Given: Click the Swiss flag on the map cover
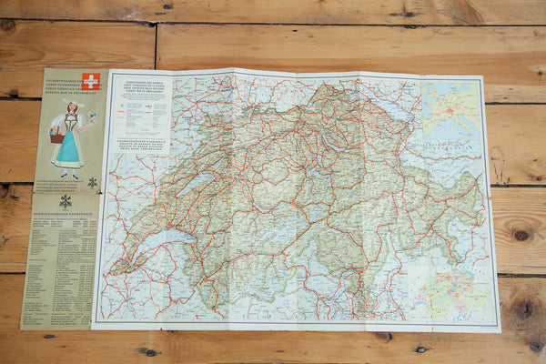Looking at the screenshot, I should (91, 81).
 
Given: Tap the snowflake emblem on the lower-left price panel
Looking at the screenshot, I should (65, 201).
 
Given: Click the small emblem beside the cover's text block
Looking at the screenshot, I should (92, 182).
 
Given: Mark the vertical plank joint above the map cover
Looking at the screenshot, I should (155, 45).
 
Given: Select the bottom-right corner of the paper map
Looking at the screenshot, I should (499, 329).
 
